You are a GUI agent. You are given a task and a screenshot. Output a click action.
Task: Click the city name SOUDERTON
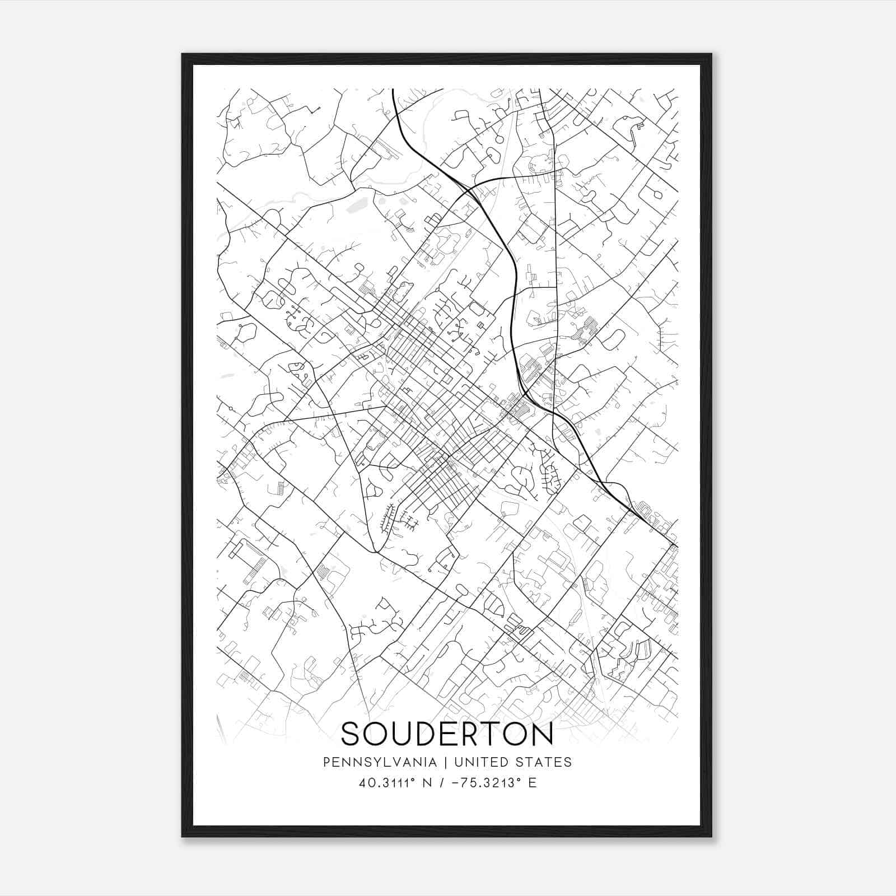(x=447, y=734)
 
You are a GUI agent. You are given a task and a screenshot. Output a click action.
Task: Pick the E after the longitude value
(x=532, y=783)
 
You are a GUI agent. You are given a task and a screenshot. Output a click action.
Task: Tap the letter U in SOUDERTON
(x=403, y=734)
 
